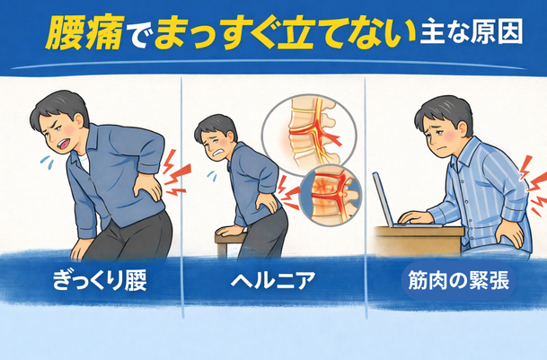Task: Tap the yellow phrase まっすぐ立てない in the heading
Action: point(285,35)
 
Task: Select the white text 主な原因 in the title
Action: point(472,32)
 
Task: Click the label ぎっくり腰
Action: point(100,280)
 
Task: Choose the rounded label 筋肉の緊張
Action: point(458,281)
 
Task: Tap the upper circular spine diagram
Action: point(309,135)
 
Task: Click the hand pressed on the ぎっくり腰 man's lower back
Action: point(148,188)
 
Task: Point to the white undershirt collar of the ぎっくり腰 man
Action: point(84,162)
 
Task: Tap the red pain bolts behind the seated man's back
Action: point(533,186)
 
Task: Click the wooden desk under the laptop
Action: point(419,241)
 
